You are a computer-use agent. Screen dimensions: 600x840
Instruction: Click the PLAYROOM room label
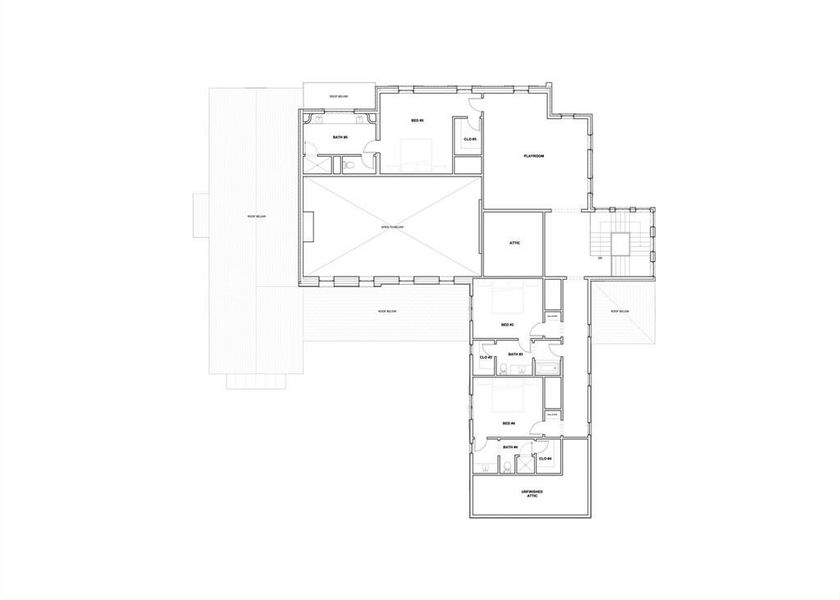click(533, 156)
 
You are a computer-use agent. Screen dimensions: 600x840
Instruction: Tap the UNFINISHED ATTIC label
click(531, 494)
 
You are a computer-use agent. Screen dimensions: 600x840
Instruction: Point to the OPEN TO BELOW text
click(391, 227)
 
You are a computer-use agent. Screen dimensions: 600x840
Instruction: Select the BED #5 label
click(417, 121)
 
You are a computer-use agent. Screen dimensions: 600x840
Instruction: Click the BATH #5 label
click(339, 136)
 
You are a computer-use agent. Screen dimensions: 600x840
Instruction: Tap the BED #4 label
click(508, 423)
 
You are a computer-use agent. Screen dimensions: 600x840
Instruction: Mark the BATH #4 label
click(509, 446)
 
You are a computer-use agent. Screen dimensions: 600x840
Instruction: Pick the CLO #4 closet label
click(546, 459)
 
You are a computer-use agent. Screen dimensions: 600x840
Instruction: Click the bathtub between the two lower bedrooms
click(549, 368)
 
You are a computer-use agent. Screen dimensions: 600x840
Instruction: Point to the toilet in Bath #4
click(508, 464)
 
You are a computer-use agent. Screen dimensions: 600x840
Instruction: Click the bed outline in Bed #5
click(415, 155)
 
